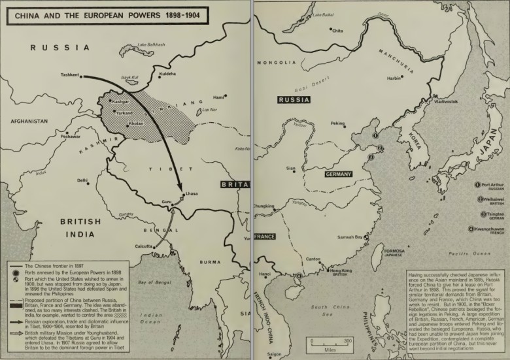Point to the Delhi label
pos(82,180)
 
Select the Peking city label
pos(337,123)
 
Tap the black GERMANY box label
pos(338,174)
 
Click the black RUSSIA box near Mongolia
pos(294,100)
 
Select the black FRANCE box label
pos(264,236)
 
